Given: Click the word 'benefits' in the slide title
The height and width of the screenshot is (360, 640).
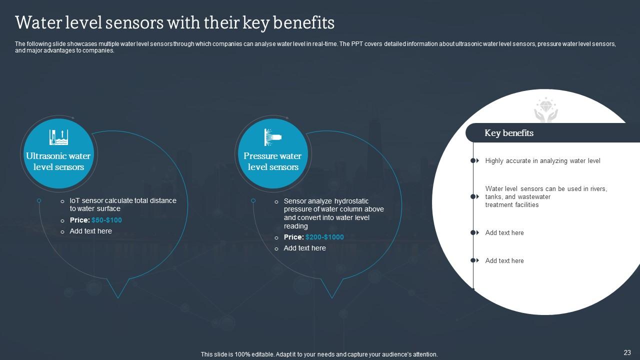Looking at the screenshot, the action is tap(303, 22).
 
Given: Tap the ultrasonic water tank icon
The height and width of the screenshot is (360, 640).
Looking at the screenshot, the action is tap(58, 137).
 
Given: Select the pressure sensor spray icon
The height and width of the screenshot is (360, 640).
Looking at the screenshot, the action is tap(273, 137).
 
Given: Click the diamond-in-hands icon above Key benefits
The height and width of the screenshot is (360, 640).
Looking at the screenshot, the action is tap(546, 110).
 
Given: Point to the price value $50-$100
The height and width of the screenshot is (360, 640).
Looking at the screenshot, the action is tap(106, 220).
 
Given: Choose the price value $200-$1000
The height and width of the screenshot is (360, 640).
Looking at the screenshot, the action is tap(324, 237).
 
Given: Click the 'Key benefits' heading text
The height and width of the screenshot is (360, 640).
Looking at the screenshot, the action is tap(509, 133).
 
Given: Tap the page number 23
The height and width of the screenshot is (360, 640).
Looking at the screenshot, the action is tap(627, 352).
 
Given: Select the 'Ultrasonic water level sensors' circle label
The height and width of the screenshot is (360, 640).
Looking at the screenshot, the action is tap(58, 161).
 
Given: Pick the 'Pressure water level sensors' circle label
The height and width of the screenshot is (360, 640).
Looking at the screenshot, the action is tap(273, 161).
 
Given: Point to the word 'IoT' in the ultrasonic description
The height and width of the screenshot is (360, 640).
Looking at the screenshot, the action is tap(75, 200).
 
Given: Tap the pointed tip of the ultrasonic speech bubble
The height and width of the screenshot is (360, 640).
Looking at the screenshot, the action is tap(118, 298).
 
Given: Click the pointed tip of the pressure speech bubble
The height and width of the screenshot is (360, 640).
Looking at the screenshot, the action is tap(332, 298).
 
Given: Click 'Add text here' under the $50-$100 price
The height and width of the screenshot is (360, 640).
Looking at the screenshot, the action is tap(91, 231).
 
